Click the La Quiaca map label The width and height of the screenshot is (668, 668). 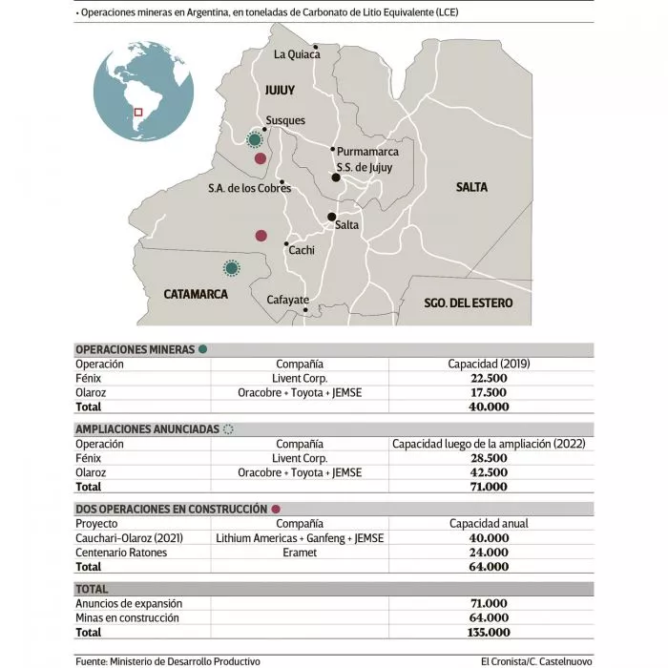[297, 54]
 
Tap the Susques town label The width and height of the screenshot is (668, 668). [285, 120]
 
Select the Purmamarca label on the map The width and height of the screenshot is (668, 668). [367, 151]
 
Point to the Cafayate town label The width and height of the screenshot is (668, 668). [287, 299]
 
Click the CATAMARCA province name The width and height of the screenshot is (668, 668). [196, 294]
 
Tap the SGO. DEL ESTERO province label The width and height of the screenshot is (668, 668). [469, 303]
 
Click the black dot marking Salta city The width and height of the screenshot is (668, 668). [332, 217]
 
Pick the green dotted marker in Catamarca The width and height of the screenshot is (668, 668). [230, 268]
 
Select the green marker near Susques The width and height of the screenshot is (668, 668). [254, 140]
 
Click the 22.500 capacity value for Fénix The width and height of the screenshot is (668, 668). [490, 378]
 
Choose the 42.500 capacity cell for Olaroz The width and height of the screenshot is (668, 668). [490, 471]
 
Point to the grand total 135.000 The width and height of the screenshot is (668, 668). [490, 632]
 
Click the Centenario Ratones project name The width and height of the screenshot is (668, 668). [121, 552]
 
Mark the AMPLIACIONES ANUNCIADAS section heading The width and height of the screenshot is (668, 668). [147, 429]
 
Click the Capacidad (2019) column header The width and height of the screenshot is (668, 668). [490, 364]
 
